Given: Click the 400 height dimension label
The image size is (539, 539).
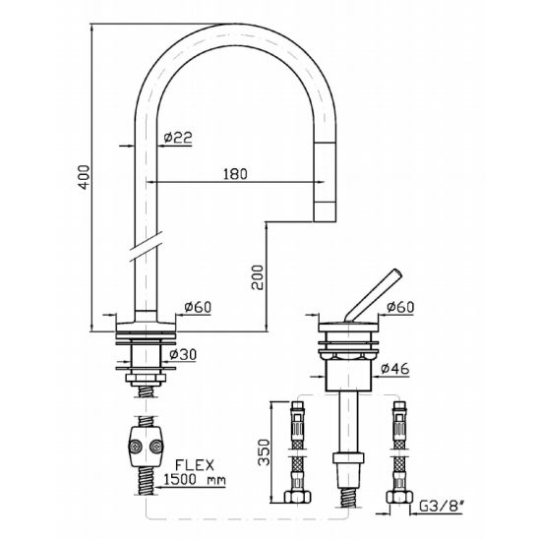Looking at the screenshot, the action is [85, 177].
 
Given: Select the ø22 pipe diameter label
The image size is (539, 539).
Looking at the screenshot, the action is [178, 138].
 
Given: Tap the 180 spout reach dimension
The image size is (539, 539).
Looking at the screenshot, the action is [235, 174].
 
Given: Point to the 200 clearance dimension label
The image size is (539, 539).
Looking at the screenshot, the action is [257, 277].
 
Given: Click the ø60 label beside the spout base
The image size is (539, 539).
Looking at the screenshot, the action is [198, 307].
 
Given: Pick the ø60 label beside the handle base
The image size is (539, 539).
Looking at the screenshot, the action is [400, 307].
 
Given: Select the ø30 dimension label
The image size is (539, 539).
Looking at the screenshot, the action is [183, 354].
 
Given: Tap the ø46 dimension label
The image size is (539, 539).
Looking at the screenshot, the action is [395, 369].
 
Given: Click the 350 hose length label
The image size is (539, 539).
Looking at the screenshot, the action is [265, 452].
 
